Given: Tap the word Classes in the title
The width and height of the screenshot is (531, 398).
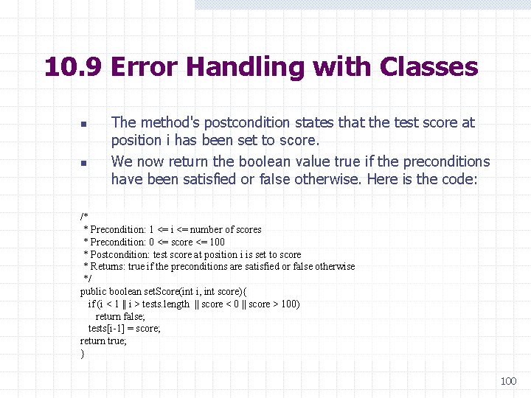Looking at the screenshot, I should pyautogui.click(x=428, y=68).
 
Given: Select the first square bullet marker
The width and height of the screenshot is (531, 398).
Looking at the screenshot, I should pyautogui.click(x=84, y=124).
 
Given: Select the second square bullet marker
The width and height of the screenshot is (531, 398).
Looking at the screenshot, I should pyautogui.click(x=84, y=163).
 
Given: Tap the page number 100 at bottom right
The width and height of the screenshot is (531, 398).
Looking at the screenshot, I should pyautogui.click(x=508, y=381).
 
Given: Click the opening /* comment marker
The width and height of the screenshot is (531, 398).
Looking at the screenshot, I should pyautogui.click(x=84, y=217).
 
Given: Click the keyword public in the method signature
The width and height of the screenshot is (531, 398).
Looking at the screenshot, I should pyautogui.click(x=94, y=291).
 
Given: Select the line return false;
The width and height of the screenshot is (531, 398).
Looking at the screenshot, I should pyautogui.click(x=119, y=316).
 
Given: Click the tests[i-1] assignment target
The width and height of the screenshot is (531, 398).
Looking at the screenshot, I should pyautogui.click(x=107, y=329).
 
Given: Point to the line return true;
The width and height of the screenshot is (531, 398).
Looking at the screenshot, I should pyautogui.click(x=103, y=341).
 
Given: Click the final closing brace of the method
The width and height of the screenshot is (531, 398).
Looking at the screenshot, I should pyautogui.click(x=83, y=354).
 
